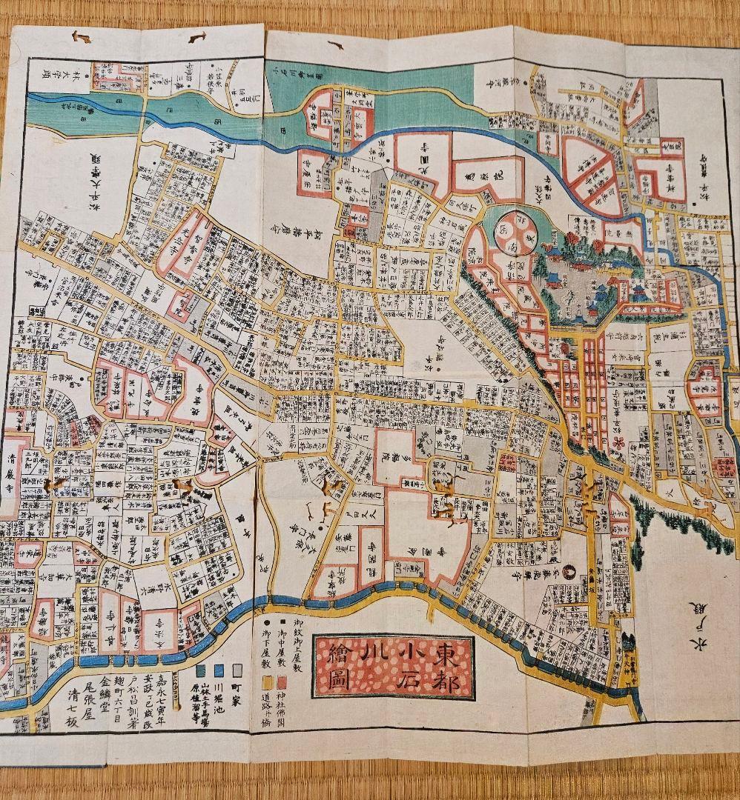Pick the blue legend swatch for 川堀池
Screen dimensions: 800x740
click(x=219, y=670)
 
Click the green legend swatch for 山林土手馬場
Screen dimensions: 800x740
click(x=201, y=670)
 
